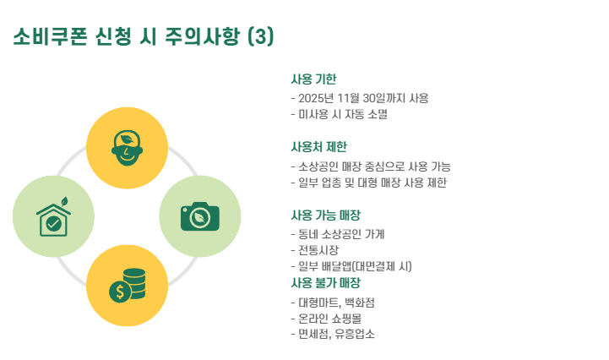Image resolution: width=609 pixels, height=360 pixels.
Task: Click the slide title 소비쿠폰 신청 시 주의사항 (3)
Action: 144,37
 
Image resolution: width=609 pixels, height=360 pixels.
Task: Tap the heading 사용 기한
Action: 313,79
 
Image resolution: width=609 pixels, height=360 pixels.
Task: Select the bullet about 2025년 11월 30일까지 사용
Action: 360,98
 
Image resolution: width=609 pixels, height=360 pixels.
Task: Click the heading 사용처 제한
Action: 318,147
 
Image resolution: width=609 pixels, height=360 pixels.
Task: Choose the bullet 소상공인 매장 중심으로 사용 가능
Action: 370,166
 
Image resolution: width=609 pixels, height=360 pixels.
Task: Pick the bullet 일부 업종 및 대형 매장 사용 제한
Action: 368,182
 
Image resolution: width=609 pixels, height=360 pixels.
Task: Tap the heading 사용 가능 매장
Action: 325,215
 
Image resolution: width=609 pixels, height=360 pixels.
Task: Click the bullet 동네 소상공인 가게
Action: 342,233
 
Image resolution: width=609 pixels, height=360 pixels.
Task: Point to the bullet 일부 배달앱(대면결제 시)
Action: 351,266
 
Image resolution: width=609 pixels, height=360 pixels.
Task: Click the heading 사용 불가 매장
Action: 325,282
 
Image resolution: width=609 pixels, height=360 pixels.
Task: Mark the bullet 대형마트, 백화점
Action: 335,301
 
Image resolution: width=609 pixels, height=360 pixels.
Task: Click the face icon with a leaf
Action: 128,148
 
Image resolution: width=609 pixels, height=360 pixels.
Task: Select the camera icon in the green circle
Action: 200,216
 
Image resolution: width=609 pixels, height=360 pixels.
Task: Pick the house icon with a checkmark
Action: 54,217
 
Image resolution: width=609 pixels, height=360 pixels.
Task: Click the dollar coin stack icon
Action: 128,286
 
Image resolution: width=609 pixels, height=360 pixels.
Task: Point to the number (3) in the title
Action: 262,37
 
